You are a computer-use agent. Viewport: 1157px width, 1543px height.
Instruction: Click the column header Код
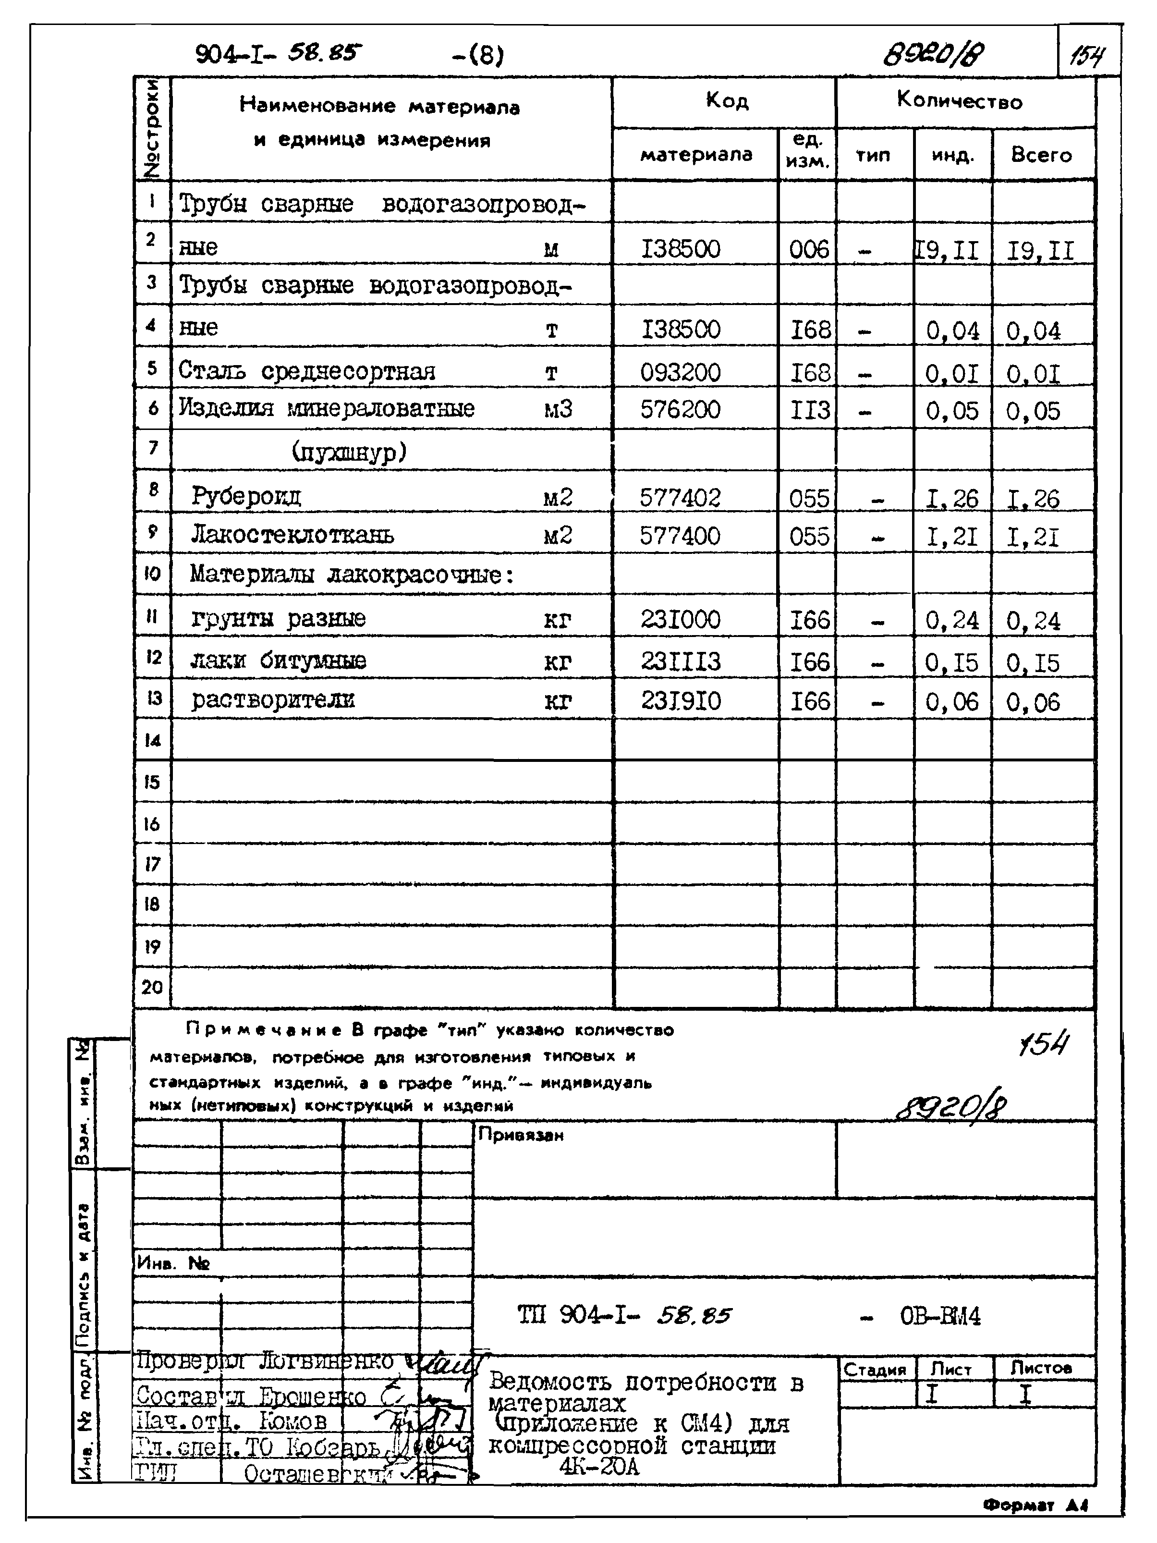click(x=726, y=101)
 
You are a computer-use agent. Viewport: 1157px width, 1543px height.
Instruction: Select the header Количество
click(x=959, y=101)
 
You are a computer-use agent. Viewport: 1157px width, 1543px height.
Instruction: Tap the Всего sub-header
click(x=1041, y=155)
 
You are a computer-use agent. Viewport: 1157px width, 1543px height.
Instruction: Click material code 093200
click(x=680, y=372)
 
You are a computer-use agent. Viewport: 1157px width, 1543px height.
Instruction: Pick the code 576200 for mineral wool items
click(x=680, y=409)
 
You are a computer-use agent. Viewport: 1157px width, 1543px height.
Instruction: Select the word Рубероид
click(x=246, y=497)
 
